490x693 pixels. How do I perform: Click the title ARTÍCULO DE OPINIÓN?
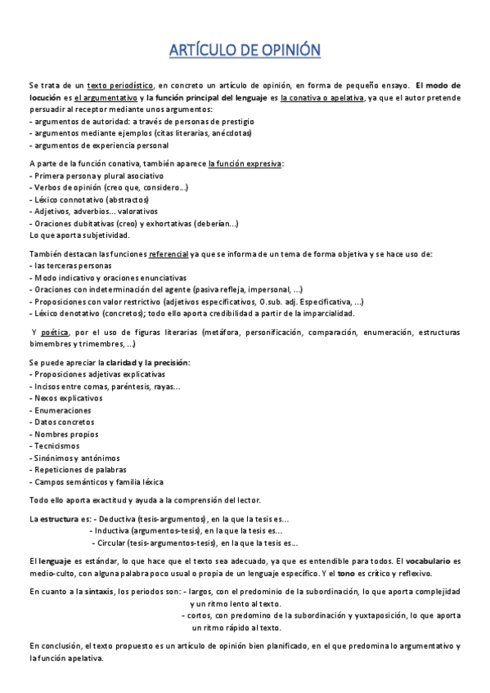[x=245, y=51]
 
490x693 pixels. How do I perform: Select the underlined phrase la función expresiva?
[x=245, y=163]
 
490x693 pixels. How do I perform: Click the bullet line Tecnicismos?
[x=55, y=446]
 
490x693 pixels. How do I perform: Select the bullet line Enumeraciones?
[x=61, y=410]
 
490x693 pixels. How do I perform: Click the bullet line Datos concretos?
[x=64, y=423]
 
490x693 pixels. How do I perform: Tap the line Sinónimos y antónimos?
[x=74, y=458]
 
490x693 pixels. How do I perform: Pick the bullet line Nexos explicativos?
[x=69, y=398]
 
